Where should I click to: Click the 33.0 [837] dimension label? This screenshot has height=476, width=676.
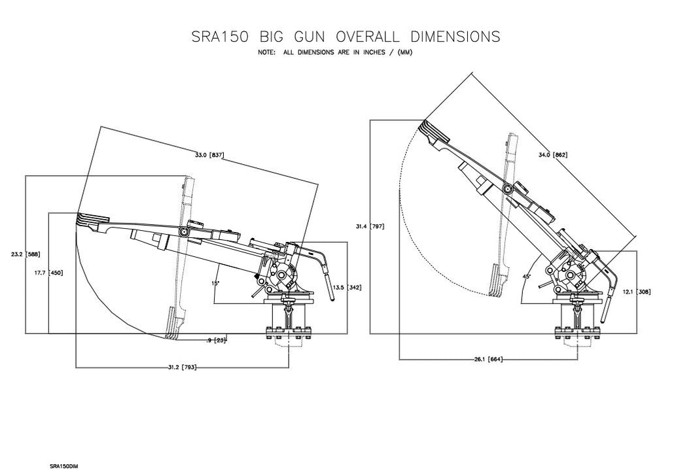(x=209, y=155)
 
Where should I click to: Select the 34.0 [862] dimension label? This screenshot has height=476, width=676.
(x=552, y=155)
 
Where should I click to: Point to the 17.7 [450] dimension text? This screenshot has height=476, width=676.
(x=50, y=273)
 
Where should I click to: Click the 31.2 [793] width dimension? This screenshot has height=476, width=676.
(x=182, y=367)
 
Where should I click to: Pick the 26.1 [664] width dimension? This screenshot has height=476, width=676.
(x=488, y=360)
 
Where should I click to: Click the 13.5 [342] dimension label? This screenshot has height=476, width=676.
(x=347, y=288)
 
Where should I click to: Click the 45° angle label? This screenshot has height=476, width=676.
(x=527, y=276)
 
